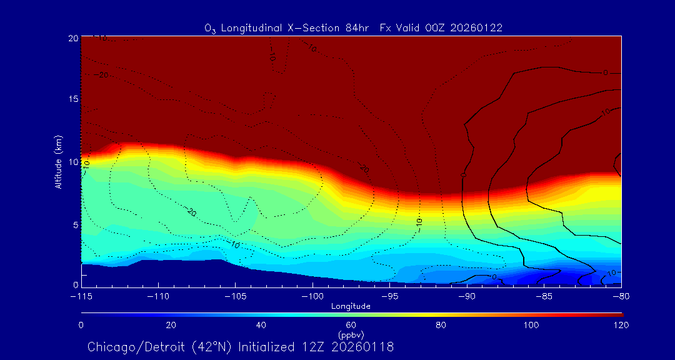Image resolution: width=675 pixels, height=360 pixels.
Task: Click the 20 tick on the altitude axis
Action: (x=72, y=38)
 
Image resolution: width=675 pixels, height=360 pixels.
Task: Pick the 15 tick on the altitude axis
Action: (x=72, y=99)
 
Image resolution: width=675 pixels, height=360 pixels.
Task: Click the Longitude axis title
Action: (x=351, y=306)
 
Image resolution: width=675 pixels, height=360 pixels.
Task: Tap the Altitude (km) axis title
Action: (x=58, y=162)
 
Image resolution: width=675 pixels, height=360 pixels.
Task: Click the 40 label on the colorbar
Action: (x=261, y=325)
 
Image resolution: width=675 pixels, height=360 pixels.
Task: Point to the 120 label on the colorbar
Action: (x=621, y=325)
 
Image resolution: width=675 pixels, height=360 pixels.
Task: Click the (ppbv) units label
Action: (x=351, y=334)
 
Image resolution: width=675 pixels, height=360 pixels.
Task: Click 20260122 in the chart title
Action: (x=476, y=28)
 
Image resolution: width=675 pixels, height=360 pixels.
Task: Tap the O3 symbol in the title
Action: (x=210, y=29)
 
